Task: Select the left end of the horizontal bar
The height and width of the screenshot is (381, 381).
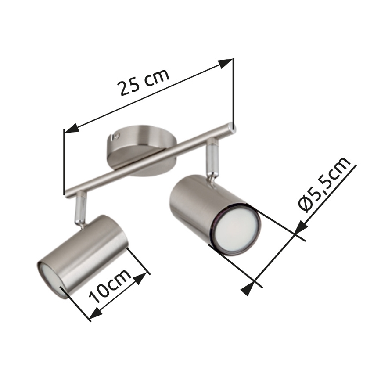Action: pos(66,192)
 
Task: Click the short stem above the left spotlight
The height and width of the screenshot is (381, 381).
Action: pos(80,210)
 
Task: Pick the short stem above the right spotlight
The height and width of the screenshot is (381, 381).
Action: pos(212,158)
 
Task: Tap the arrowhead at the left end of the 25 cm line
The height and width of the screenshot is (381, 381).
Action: pos(71,129)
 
